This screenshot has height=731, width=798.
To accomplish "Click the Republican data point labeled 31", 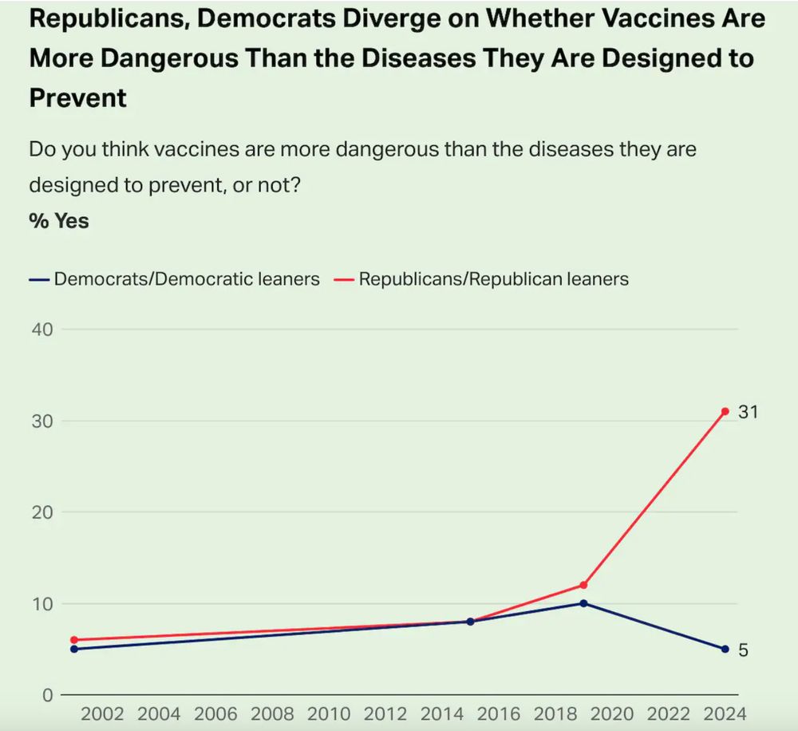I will coord(725,411).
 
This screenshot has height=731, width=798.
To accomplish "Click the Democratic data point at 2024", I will coord(725,649).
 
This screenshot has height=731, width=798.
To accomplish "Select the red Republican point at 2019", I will coord(583,585).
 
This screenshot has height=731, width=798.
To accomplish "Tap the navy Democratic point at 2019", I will coord(583,603).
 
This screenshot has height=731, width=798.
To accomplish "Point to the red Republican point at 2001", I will coord(74,640).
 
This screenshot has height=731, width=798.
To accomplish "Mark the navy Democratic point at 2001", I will coord(74,649).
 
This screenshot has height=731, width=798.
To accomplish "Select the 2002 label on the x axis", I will coord(102,713).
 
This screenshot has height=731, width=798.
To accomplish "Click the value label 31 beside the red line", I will coord(747,412).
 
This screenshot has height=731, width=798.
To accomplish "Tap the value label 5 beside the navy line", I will coord(743,650).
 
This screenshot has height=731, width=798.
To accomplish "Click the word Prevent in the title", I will coord(77,98).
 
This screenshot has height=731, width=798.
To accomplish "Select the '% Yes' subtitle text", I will coord(59,220).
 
